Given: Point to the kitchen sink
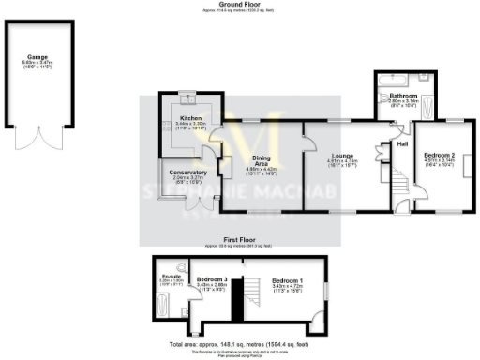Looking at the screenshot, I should [185, 97].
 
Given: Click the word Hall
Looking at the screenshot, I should [403, 143].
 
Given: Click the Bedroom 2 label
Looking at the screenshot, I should [440, 155].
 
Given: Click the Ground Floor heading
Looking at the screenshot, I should [239, 5].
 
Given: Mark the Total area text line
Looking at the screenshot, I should [240, 344].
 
